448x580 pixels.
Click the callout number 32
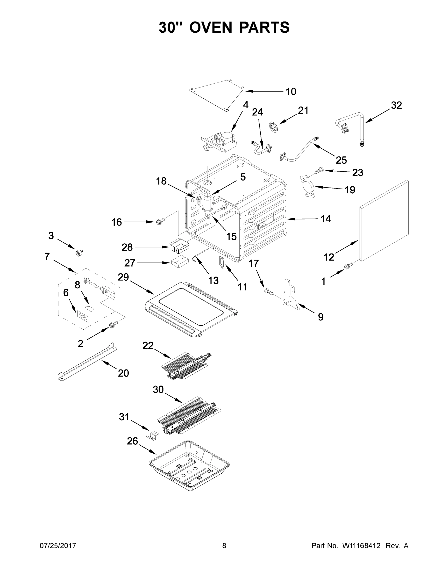[396, 105]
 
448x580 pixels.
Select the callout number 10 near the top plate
[291, 92]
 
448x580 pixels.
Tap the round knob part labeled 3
[79, 253]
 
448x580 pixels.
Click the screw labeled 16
[160, 220]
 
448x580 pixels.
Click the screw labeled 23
[318, 170]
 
